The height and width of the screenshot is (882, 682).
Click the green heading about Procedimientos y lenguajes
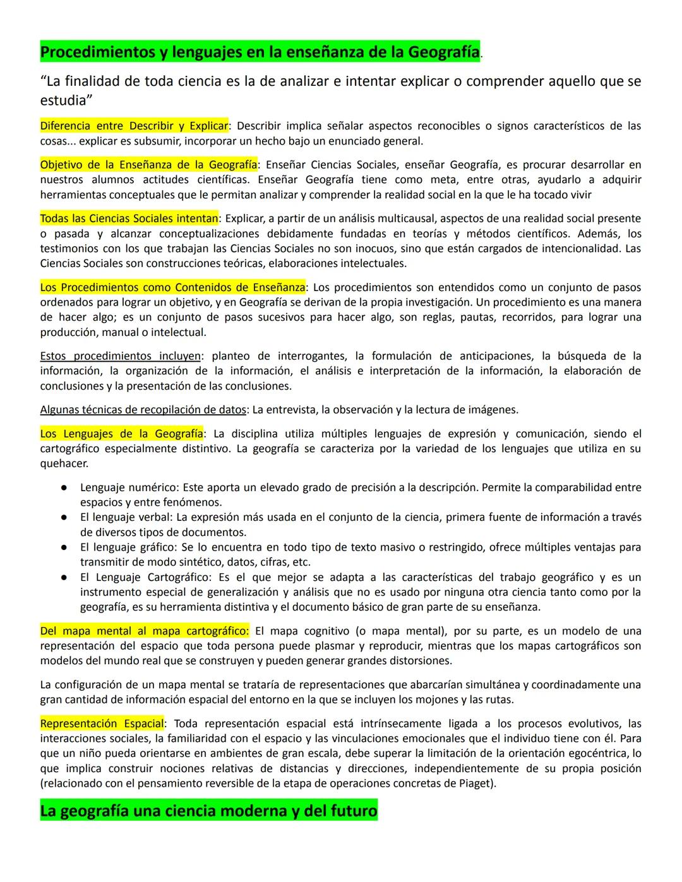260,52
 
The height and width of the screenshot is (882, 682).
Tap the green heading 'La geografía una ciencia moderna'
208,810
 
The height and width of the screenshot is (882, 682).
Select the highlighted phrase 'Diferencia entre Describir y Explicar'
134,126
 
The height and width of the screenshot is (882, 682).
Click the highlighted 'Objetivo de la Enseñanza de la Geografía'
148,165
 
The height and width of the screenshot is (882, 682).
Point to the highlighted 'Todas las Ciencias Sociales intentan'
129,218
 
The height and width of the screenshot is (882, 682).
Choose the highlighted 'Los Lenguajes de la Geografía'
122,434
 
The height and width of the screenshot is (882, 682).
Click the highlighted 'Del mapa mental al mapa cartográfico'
144,631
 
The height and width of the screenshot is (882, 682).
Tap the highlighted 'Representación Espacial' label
102,724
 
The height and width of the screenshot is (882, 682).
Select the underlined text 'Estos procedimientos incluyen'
121,356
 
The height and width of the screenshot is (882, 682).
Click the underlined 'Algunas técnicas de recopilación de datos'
143,410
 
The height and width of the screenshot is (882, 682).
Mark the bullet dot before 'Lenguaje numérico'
64,488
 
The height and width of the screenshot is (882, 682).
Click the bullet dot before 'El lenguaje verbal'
64,518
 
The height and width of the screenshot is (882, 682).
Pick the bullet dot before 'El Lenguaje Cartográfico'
64,577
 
